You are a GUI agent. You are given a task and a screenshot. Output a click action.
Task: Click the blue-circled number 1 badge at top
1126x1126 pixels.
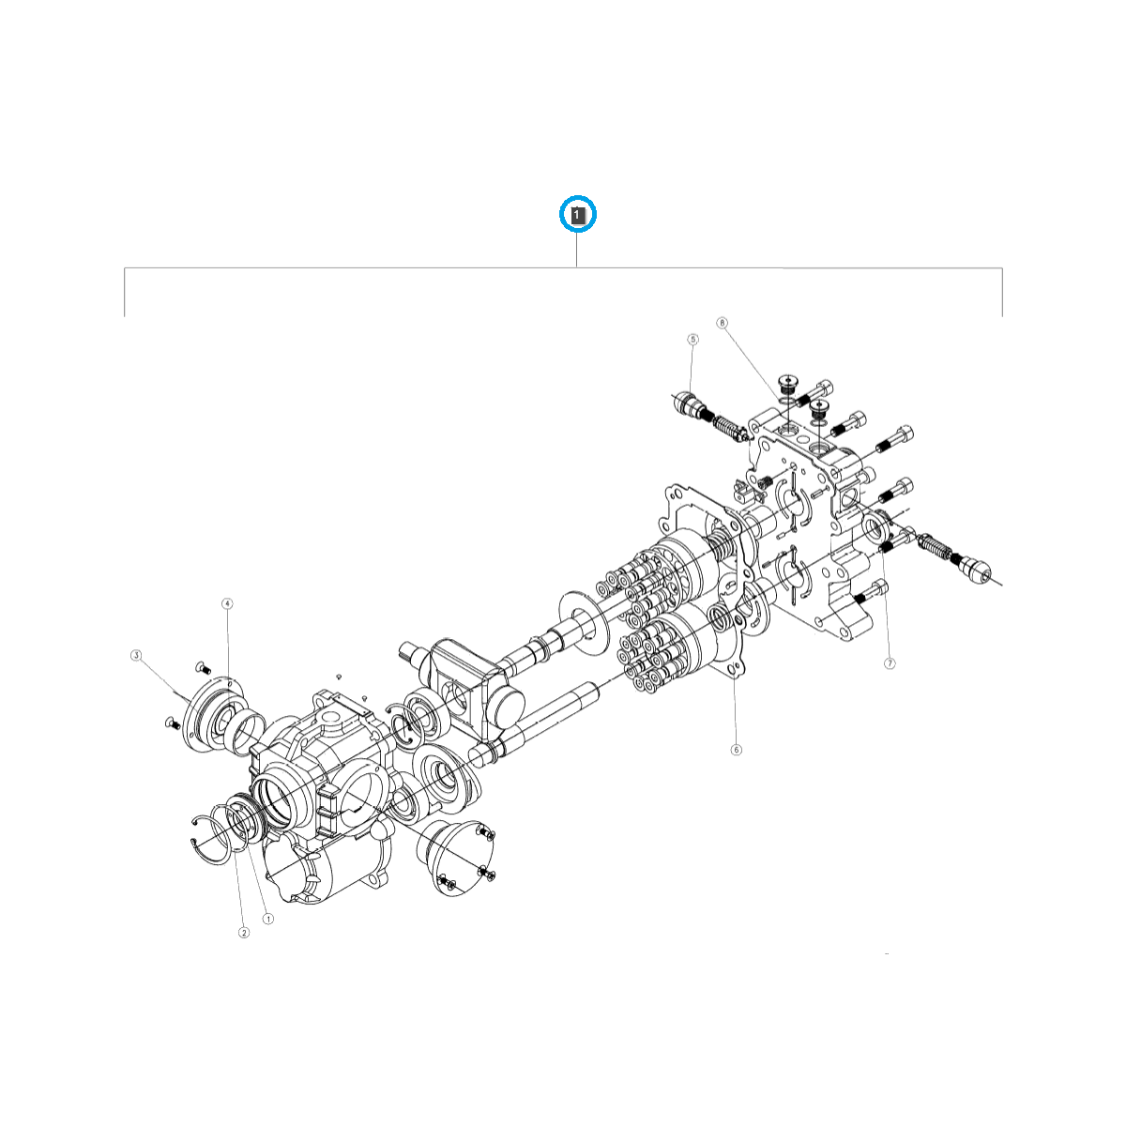click(577, 215)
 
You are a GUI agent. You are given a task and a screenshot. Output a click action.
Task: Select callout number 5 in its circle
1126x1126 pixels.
click(692, 339)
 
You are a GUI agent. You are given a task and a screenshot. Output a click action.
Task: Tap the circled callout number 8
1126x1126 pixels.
click(722, 323)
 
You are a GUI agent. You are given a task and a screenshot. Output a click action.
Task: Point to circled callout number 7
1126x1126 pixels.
click(890, 663)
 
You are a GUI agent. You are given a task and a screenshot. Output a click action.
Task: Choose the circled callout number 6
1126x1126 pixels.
click(737, 750)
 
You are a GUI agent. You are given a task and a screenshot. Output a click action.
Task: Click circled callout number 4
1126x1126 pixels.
click(227, 603)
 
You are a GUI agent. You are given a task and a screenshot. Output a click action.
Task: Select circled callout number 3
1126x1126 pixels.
click(136, 655)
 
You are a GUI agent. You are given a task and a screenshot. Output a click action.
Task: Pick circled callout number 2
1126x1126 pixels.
click(244, 932)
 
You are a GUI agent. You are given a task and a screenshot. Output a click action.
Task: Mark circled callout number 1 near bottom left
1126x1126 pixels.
click(267, 919)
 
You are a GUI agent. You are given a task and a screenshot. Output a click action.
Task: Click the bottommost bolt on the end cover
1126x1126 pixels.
click(872, 594)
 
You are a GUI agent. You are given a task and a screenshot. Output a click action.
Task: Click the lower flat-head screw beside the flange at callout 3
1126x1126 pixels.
click(172, 722)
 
